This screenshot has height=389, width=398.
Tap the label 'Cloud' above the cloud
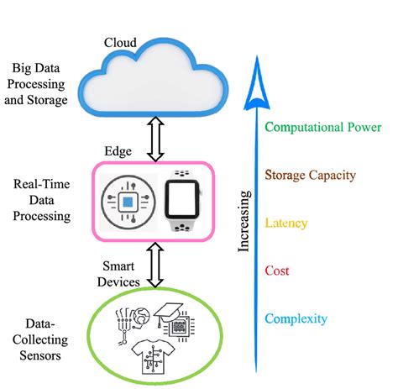click(120, 43)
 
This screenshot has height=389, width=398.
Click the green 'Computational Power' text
click(323, 128)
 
